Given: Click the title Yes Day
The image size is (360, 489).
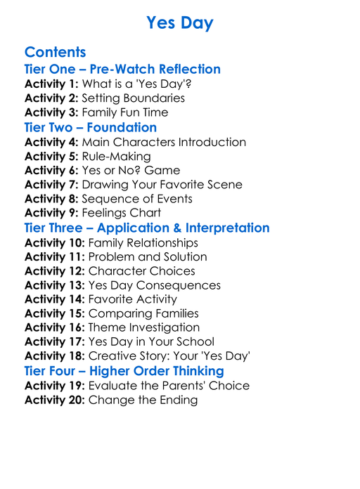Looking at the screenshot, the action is [x=180, y=23].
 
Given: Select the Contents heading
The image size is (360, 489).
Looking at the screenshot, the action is [x=55, y=52].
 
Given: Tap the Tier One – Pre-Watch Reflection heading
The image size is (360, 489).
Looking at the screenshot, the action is [x=122, y=69].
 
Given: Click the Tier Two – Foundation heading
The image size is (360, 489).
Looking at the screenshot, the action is [x=90, y=127].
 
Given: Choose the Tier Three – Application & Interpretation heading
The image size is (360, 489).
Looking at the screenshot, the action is [x=147, y=228].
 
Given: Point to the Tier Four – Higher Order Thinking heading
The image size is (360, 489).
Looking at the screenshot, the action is [x=124, y=370].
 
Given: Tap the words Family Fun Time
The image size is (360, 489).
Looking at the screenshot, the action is [x=124, y=112].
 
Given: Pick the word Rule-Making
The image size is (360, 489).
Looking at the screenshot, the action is [x=116, y=156].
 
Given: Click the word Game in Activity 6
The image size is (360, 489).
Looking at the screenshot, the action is [x=163, y=170].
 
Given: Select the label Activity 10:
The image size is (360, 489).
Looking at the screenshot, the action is [x=54, y=242].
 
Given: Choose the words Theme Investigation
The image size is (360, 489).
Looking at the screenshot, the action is [x=143, y=327].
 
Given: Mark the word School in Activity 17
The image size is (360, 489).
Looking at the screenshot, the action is [x=193, y=342].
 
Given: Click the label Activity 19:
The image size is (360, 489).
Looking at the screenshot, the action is [x=54, y=385].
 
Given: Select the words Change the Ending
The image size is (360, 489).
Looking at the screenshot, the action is [x=143, y=400].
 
